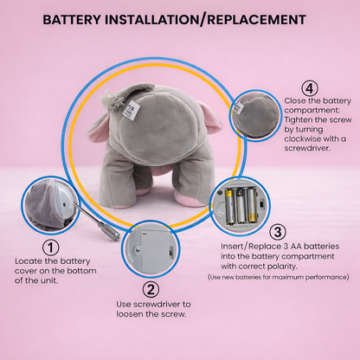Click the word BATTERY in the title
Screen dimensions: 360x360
click(x=72, y=20)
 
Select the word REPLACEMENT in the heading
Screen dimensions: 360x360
click(x=256, y=20)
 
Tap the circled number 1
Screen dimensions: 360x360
click(x=51, y=247)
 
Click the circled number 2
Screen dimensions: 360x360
click(x=151, y=290)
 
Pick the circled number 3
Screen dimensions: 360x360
click(x=278, y=232)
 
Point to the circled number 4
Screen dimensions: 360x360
click(x=310, y=88)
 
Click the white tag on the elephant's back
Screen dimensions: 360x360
click(x=132, y=110)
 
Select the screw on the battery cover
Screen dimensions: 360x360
click(x=138, y=249)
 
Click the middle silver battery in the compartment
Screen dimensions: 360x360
click(x=241, y=206)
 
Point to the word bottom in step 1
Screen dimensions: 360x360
click(x=82, y=271)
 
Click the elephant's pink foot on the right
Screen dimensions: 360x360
click(x=188, y=200)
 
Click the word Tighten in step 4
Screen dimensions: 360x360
click(x=299, y=120)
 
